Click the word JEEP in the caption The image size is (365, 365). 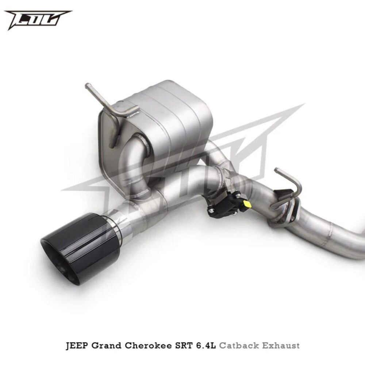click(77, 345)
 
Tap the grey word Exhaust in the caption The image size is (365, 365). click(281, 345)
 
